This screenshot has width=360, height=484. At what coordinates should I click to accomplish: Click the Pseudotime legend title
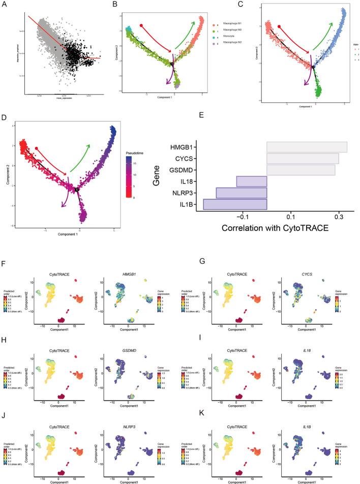pyautogui.click(x=136, y=152)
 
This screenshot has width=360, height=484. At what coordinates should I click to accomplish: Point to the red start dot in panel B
pyautogui.click(x=141, y=24)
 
